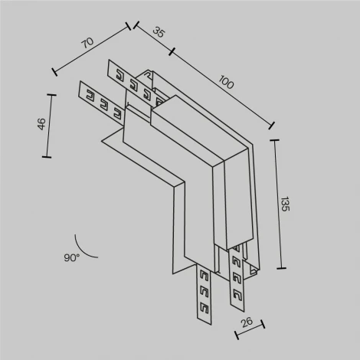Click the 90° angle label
coord(72,259)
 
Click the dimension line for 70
coord(93,51)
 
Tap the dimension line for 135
coord(277,204)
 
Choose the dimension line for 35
coord(152,39)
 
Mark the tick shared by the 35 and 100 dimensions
coord(172,52)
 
